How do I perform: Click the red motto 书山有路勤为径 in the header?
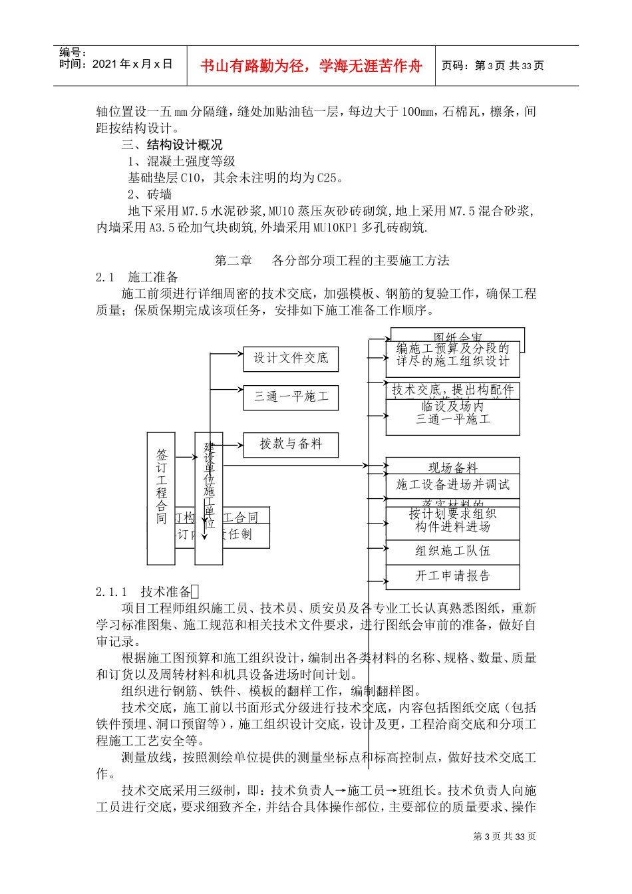pos(311,66)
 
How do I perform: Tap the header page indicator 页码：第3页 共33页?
pos(492,65)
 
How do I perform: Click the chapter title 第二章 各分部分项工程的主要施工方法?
pos(332,260)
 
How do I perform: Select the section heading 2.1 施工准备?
pos(137,277)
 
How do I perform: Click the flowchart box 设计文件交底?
pos(291,359)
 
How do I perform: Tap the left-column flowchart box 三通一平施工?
pos(291,397)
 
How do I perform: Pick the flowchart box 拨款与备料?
pos(291,444)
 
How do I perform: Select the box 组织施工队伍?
pos(452,551)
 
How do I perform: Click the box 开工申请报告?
pos(452,576)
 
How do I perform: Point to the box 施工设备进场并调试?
pos(452,485)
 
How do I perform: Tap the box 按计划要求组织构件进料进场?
pos(452,520)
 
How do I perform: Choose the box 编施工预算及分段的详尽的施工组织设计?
pos(452,355)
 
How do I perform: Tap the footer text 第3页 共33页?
pos(504,837)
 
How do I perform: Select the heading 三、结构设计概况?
pos(172,144)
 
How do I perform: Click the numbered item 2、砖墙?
pos(150,194)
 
